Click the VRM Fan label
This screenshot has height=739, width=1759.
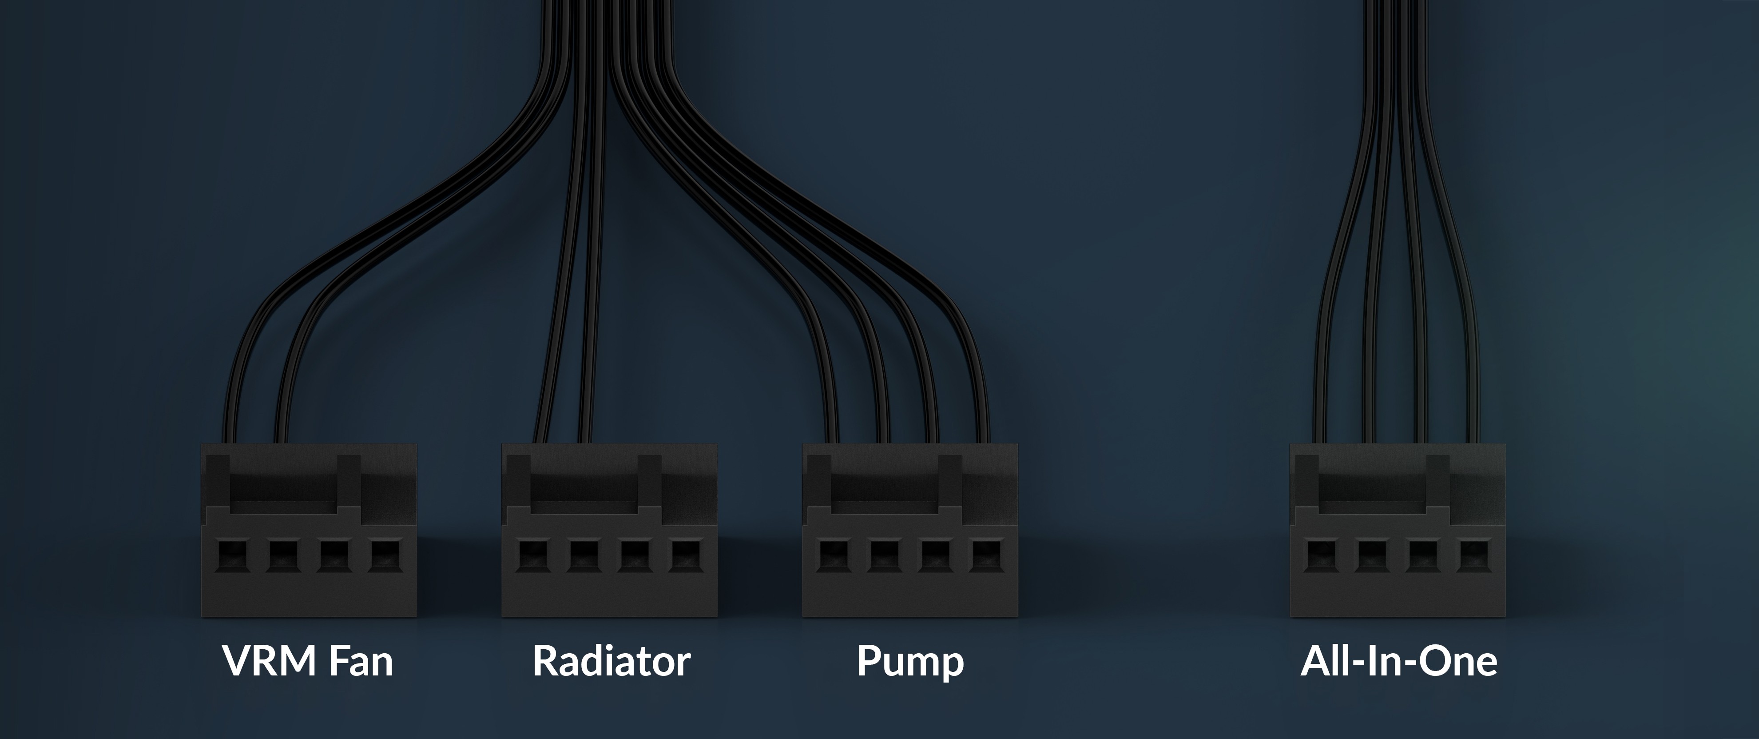click(308, 660)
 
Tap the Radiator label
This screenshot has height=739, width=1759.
click(611, 660)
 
